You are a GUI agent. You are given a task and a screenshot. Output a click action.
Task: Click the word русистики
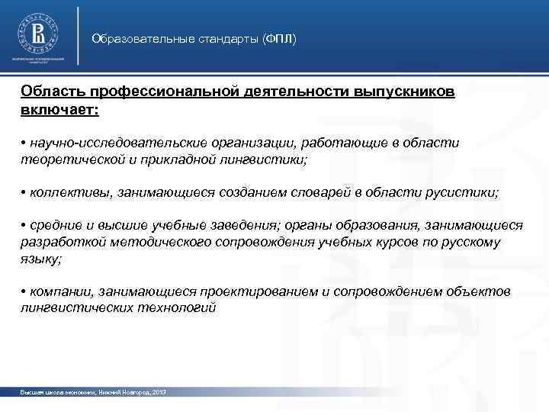tap(463, 194)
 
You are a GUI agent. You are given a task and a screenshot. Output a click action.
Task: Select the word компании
tap(62, 292)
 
